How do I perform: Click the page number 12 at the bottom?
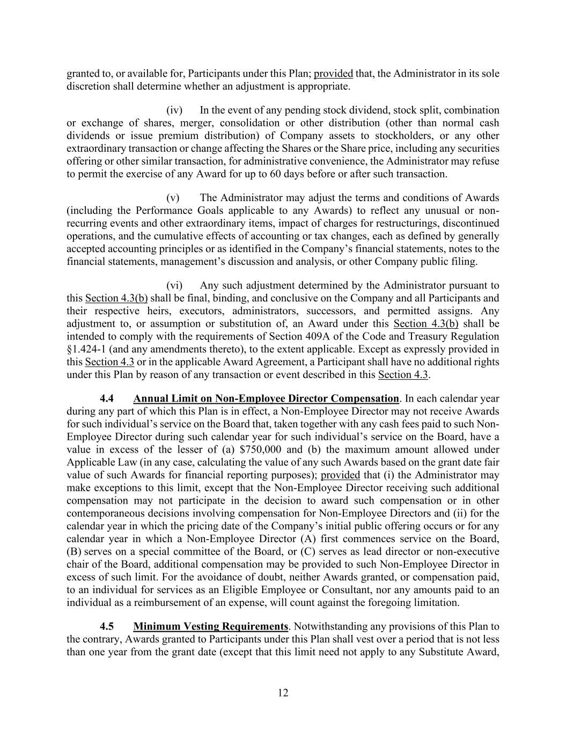click(283, 693)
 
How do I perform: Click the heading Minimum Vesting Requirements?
click(211, 626)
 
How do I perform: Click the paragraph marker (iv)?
click(175, 110)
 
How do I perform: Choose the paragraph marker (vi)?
click(175, 285)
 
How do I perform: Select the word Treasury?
click(430, 336)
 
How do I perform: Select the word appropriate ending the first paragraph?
click(325, 86)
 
